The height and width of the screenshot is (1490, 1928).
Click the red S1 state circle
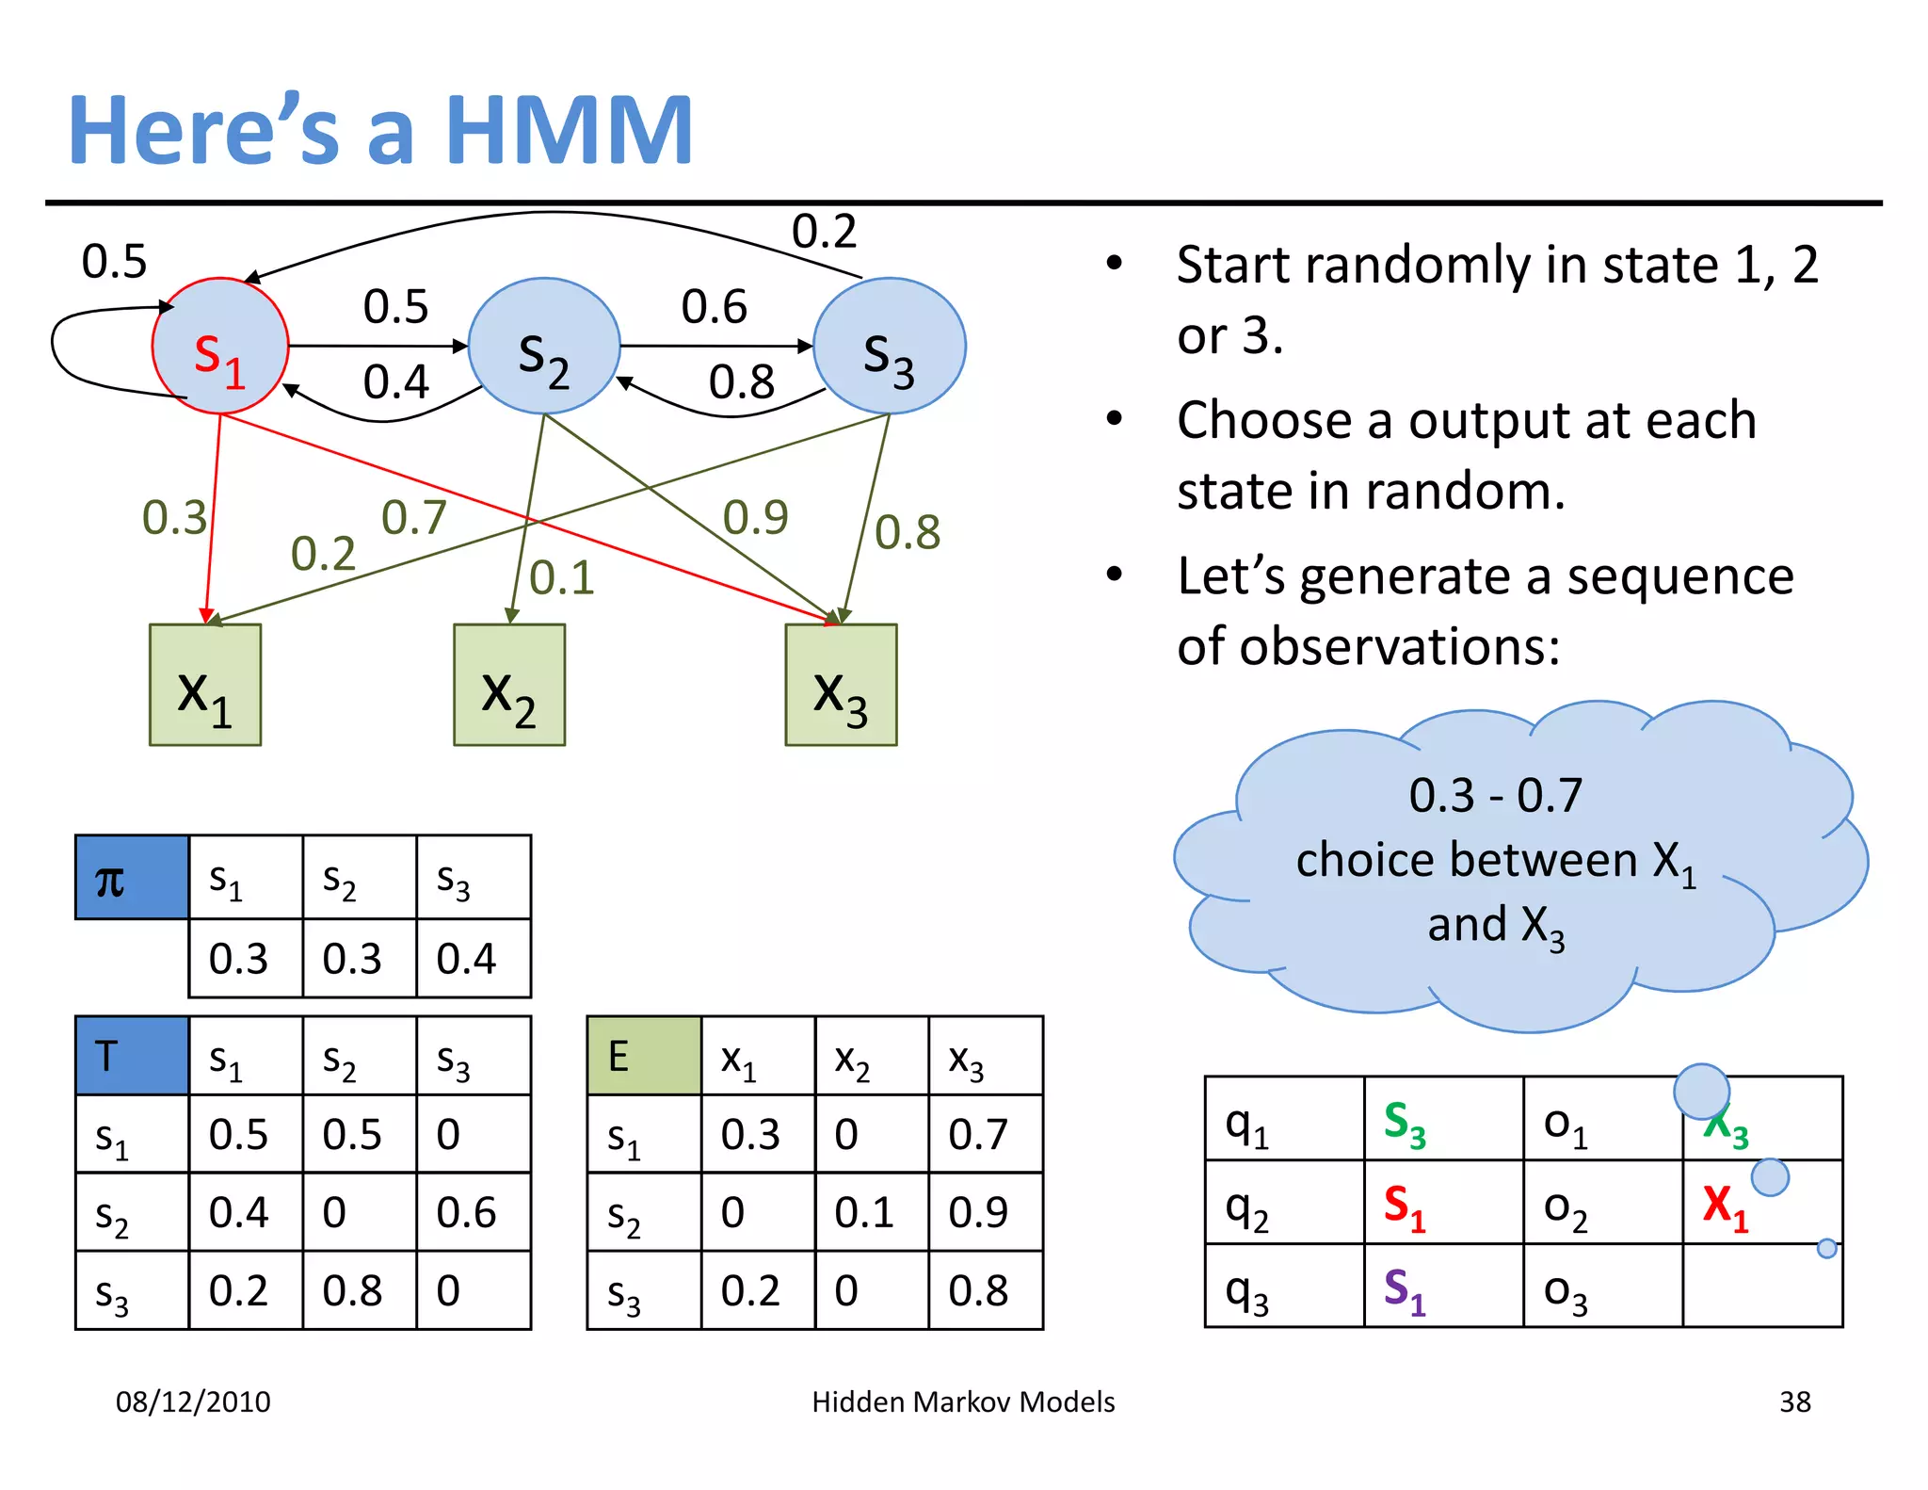220,347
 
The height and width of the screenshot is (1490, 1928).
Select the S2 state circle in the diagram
544,347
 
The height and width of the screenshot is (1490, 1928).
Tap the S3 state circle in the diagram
889,347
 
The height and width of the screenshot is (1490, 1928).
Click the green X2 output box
509,685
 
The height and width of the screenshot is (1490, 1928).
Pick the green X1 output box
205,685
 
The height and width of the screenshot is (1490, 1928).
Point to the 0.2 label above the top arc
824,232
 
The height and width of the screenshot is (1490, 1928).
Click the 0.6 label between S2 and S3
714,307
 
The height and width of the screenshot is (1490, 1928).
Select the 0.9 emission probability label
755,517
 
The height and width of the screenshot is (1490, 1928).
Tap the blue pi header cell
132,878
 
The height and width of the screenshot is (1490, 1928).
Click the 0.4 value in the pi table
467,959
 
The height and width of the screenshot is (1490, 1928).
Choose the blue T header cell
132,1056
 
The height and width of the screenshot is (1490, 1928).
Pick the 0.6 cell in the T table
467,1212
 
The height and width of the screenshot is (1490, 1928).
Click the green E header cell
644,1056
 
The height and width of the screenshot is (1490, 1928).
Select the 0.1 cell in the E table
864,1212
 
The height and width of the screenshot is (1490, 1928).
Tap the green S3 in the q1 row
1405,1123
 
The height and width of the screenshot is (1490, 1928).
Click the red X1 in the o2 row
1725,1207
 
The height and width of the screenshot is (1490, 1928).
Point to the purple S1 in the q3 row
1405,1289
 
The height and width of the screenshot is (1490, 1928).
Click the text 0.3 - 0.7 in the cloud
1495,796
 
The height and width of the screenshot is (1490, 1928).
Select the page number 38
1794,1401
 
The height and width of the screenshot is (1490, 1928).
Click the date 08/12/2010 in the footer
193,1401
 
